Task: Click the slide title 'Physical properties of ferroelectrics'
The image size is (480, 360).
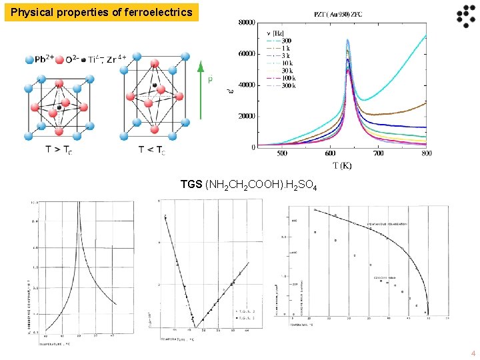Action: click(101, 12)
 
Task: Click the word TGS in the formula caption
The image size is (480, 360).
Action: click(192, 184)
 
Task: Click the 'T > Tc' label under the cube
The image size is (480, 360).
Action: click(59, 149)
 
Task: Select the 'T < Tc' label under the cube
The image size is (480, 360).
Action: click(152, 149)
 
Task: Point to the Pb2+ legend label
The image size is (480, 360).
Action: click(49, 59)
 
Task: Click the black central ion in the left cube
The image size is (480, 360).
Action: click(59, 107)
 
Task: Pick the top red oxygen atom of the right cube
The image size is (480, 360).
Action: click(154, 64)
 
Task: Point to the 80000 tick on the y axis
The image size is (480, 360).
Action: click(247, 22)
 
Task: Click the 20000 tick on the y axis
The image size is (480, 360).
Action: click(247, 116)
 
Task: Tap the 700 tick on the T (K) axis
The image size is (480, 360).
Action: click(378, 154)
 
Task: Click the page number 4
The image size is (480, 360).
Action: click(473, 353)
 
